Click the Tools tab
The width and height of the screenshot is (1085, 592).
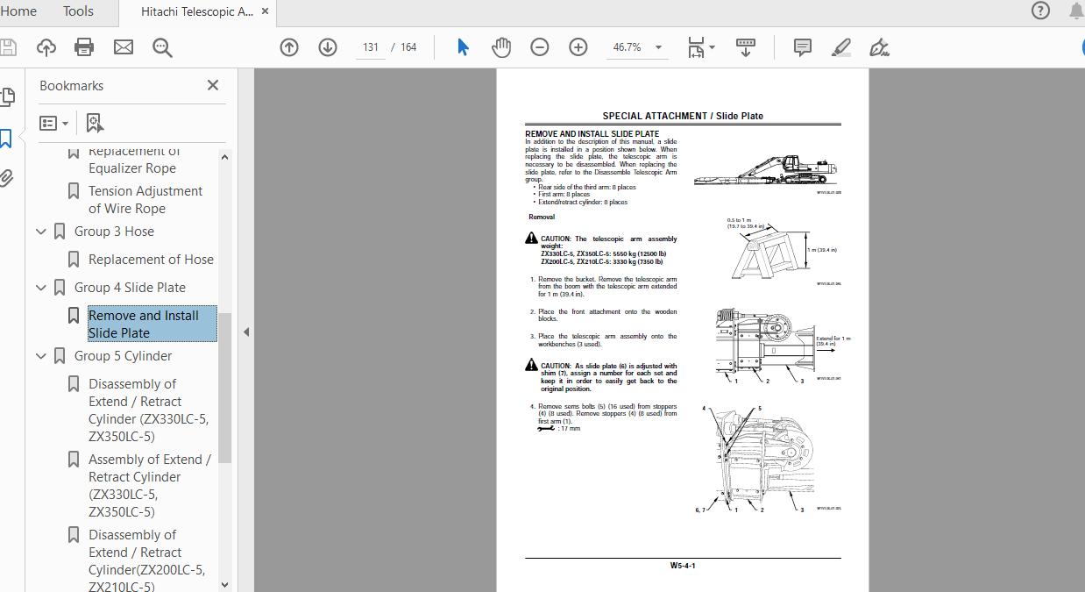coord(78,11)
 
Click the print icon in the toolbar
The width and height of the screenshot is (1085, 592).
coord(84,47)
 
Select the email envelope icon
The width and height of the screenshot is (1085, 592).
coord(124,47)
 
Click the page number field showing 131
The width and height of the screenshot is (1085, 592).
coord(371,47)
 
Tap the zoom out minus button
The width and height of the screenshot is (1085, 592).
coord(540,47)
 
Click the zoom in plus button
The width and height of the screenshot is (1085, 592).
coord(578,47)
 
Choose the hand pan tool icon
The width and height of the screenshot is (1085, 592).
coord(501,47)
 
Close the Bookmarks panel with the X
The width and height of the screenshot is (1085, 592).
coord(212,85)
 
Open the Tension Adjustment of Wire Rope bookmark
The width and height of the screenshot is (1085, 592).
coord(145,200)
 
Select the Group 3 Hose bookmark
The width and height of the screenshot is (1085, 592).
coord(114,232)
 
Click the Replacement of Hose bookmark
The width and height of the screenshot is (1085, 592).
coord(151,260)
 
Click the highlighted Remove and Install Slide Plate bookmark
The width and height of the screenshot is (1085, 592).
coord(144,324)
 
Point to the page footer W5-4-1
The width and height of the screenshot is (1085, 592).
coord(683,566)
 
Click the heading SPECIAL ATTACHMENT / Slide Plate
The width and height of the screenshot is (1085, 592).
coord(683,116)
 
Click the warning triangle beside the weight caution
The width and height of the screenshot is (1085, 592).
coord(531,239)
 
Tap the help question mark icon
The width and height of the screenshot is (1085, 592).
coord(1040,11)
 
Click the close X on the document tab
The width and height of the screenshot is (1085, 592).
coord(265,12)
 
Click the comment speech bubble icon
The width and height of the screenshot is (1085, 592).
coord(802,47)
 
